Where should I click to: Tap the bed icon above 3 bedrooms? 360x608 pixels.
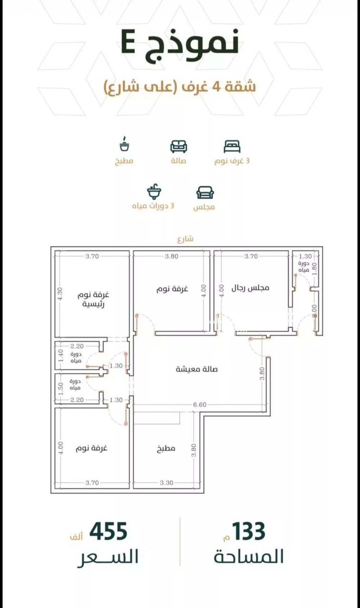click(232, 146)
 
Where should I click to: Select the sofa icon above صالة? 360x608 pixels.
click(179, 146)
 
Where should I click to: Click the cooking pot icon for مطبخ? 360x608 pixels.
click(124, 144)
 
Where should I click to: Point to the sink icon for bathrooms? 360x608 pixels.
click(154, 192)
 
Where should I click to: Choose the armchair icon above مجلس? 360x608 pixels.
click(205, 193)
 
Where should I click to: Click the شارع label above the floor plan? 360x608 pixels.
click(185, 238)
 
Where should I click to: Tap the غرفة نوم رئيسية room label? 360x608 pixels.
click(93, 299)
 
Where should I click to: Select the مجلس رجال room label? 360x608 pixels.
click(250, 288)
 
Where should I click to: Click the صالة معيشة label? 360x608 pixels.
click(197, 369)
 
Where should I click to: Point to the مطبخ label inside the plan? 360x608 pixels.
click(166, 448)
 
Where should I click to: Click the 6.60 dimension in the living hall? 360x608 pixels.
click(200, 404)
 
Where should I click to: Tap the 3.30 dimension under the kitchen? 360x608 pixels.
click(166, 483)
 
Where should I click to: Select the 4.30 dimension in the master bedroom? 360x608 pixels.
click(60, 294)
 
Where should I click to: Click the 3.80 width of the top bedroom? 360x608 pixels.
click(171, 256)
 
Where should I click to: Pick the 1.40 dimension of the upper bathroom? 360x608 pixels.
click(60, 356)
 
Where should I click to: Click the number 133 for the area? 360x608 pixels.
click(248, 532)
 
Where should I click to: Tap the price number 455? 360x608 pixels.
click(108, 532)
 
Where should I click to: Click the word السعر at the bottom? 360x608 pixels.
click(108, 557)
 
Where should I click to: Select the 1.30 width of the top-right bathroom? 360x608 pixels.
click(305, 256)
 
